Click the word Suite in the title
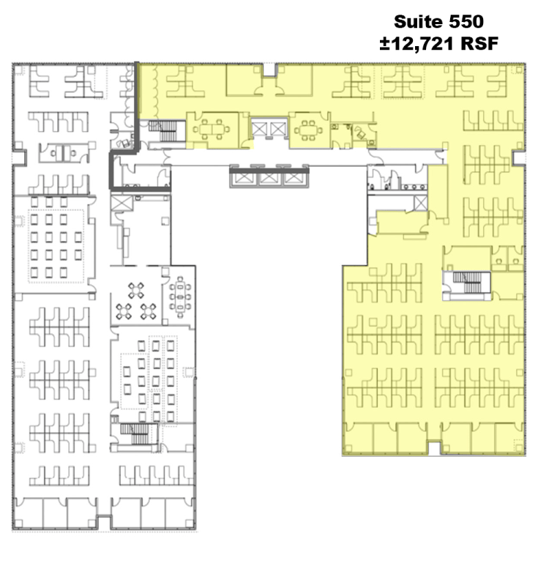tap(418, 22)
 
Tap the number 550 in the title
tap(466, 22)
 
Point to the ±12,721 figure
tap(417, 44)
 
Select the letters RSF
tap(479, 44)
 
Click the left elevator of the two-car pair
tap(259, 129)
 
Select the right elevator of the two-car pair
tap(277, 129)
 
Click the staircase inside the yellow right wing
tap(468, 283)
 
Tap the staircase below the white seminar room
tap(134, 433)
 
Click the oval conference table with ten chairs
tap(180, 297)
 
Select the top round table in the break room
tap(135, 291)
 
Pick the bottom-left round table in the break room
tap(124, 311)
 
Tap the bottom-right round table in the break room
tap(148, 311)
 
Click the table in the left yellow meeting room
tap(212, 129)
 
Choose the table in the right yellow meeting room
tap(308, 130)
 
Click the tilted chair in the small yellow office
tap(361, 134)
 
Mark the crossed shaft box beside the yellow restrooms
tap(420, 204)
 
